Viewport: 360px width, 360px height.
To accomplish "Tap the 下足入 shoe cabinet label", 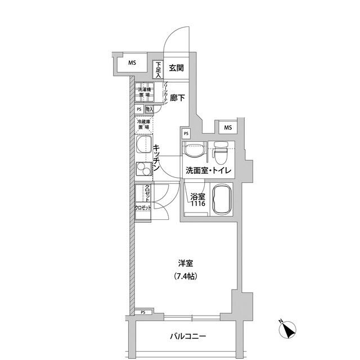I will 159,69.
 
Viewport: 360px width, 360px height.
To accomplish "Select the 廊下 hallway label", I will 177,98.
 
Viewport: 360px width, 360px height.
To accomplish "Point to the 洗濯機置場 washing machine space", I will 145,92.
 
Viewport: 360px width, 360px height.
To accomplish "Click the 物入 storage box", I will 150,109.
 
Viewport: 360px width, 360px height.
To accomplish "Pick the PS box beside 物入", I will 139,110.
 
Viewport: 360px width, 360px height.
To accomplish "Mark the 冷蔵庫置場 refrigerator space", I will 144,125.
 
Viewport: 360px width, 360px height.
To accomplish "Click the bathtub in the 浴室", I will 221,200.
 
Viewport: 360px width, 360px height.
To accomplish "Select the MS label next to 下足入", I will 131,63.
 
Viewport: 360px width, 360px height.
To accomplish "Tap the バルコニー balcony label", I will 188,337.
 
